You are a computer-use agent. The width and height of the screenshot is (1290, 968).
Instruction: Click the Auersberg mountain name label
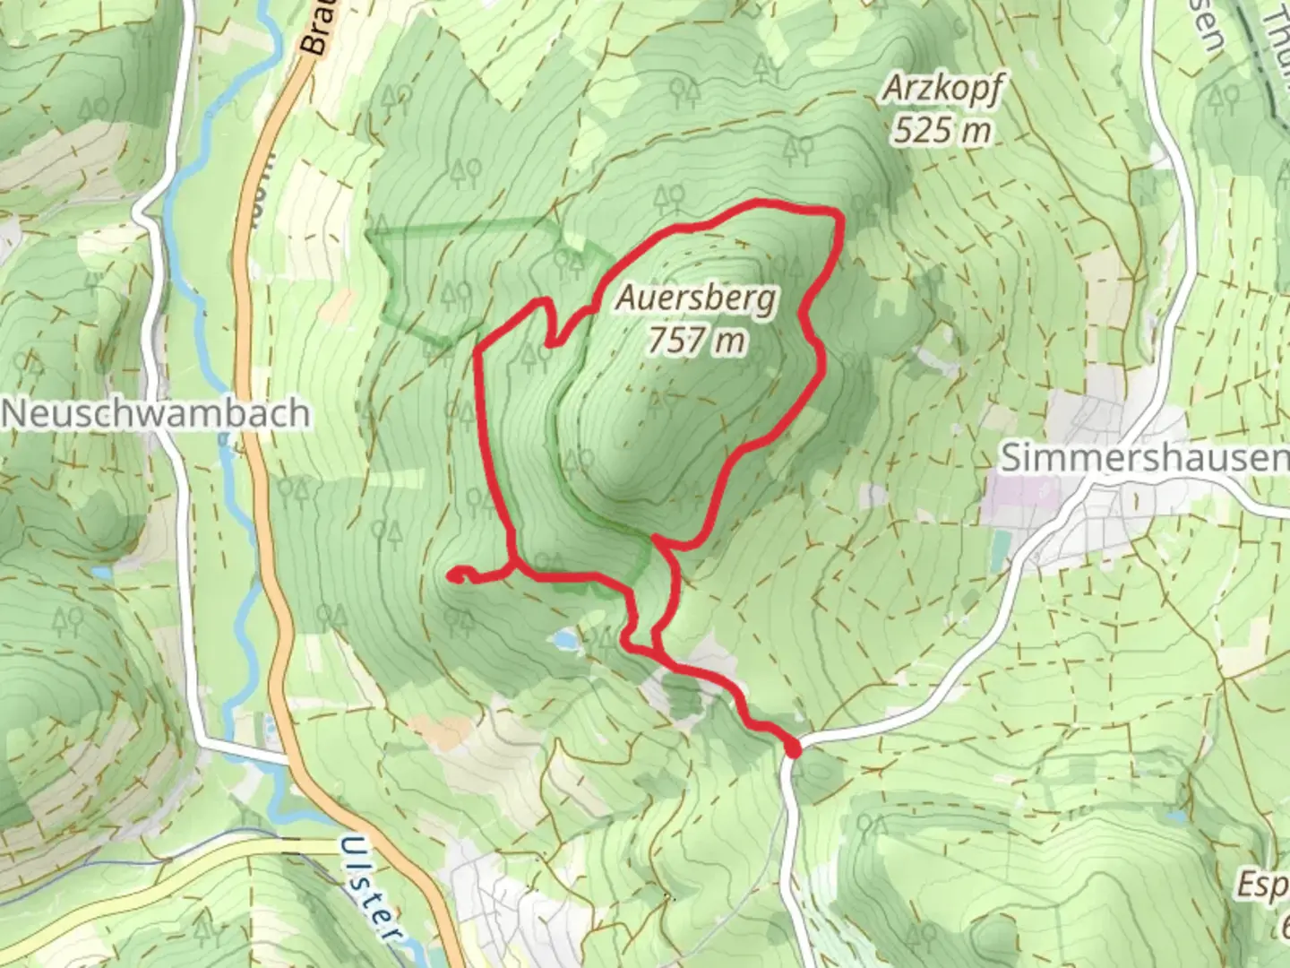pyautogui.click(x=695, y=298)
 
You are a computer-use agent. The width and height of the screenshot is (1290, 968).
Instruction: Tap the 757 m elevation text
pyautogui.click(x=696, y=340)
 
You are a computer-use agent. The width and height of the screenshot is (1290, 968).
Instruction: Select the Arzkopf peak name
pyautogui.click(x=943, y=89)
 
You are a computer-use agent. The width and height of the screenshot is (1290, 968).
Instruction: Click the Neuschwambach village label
pyautogui.click(x=157, y=413)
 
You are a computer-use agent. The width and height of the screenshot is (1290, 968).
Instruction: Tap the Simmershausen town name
pyautogui.click(x=1143, y=458)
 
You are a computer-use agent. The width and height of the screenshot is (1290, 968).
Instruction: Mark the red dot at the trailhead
pyautogui.click(x=792, y=747)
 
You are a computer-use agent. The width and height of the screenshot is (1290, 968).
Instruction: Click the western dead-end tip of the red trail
pyautogui.click(x=453, y=574)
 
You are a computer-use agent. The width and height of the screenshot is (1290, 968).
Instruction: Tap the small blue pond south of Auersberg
pyautogui.click(x=564, y=640)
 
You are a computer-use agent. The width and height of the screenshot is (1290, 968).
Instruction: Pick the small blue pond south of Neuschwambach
pyautogui.click(x=103, y=571)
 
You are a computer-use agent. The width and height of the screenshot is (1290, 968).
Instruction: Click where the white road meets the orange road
pyautogui.click(x=288, y=757)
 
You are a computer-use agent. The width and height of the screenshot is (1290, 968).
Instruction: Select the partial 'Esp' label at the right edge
pyautogui.click(x=1263, y=885)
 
